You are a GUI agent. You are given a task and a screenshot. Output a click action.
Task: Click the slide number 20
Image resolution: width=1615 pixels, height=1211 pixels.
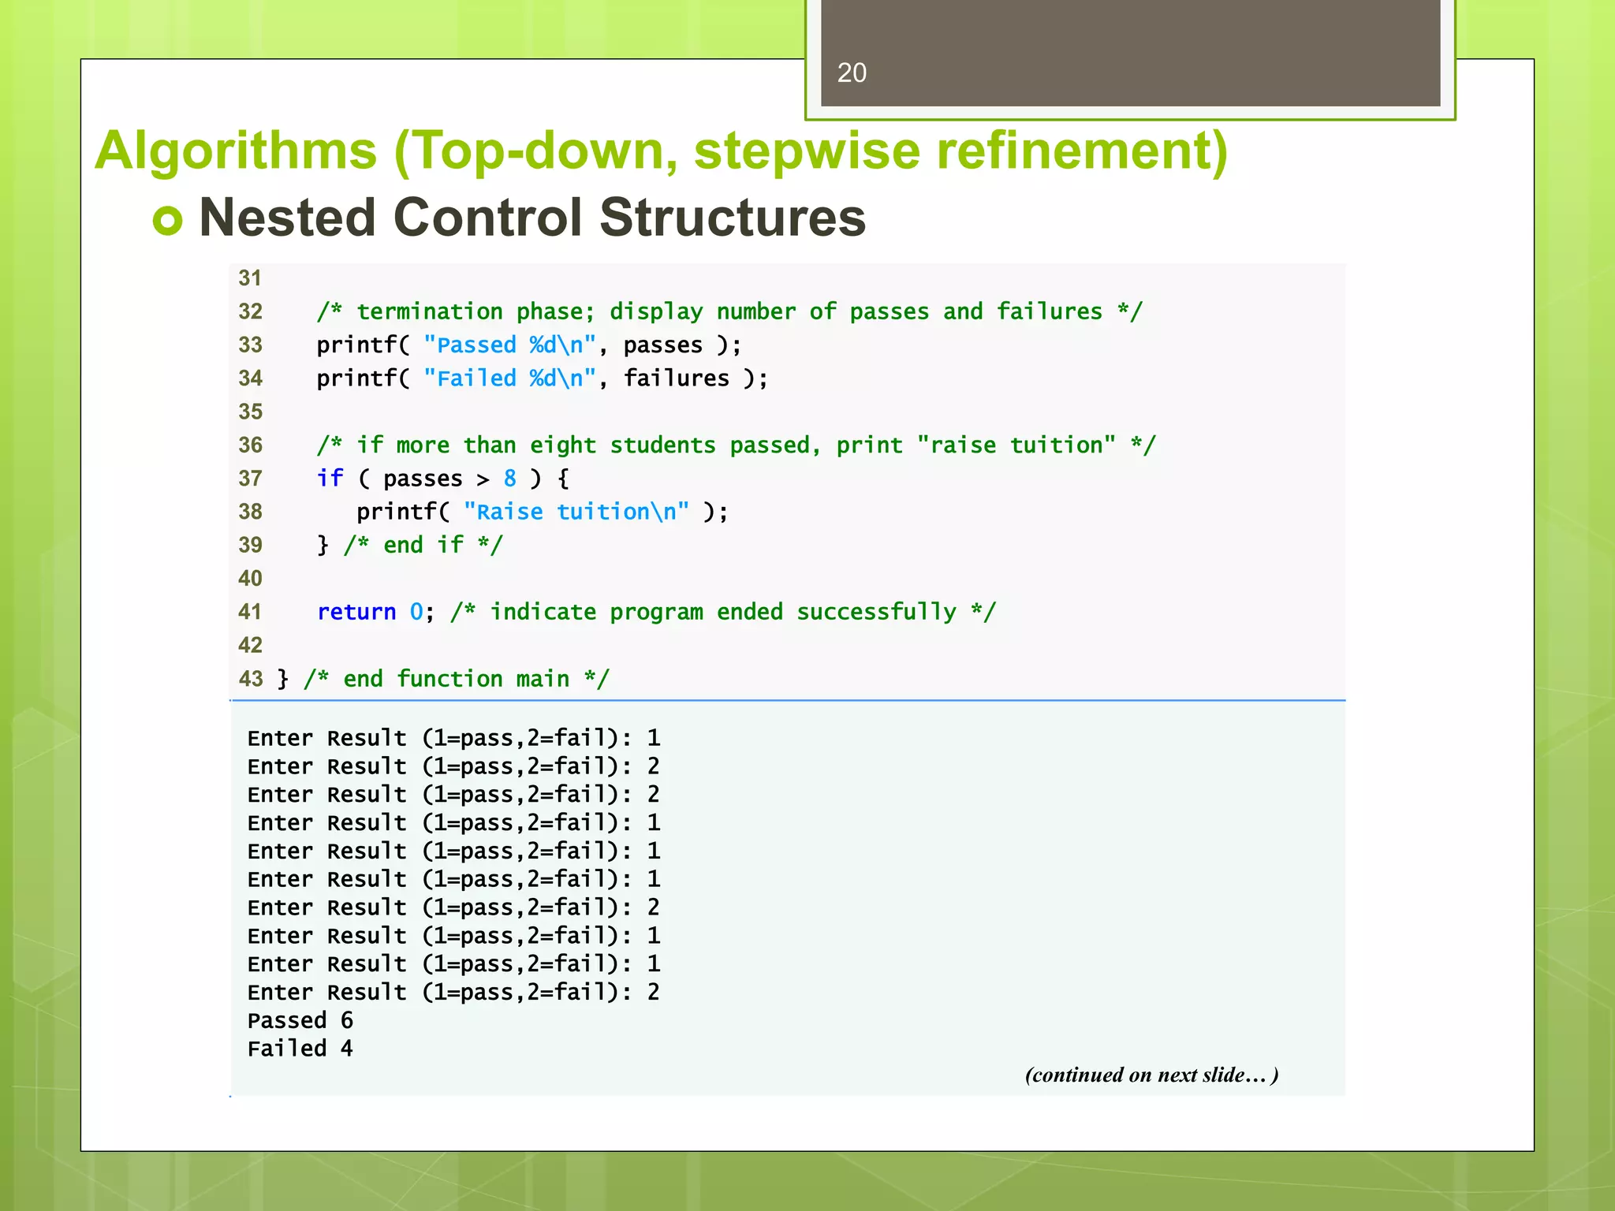(852, 73)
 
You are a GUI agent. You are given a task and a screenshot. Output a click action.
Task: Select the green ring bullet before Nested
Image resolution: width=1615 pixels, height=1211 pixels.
(167, 220)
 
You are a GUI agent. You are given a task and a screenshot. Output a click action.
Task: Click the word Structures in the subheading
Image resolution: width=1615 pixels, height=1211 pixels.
(733, 218)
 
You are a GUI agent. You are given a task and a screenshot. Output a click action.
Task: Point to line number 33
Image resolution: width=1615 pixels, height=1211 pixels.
(250, 345)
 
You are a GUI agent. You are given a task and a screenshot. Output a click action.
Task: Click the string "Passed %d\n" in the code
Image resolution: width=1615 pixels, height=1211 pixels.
(509, 345)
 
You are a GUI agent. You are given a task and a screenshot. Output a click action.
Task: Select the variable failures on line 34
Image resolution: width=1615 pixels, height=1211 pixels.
(676, 378)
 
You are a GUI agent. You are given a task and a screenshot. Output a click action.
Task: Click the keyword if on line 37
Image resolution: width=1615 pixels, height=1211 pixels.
(330, 479)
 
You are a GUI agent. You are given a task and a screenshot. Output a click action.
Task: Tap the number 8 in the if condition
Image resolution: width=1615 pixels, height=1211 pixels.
(510, 479)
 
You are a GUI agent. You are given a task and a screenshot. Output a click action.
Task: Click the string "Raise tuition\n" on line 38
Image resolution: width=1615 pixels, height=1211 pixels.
(576, 512)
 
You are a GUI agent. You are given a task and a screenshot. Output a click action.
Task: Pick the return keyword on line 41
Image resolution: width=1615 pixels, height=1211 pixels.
(356, 612)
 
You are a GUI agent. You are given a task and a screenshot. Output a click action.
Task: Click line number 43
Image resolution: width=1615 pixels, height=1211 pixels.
(251, 679)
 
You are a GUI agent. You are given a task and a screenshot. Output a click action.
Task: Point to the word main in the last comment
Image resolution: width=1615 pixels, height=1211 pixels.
(543, 679)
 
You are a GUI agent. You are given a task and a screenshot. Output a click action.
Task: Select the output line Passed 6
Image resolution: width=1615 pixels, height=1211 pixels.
(300, 1021)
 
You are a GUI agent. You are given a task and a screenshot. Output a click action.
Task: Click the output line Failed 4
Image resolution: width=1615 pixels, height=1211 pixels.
(300, 1049)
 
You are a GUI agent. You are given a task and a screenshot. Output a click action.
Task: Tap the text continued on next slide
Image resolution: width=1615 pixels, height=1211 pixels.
(1151, 1075)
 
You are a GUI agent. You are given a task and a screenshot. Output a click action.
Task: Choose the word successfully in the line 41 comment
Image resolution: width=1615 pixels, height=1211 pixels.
(876, 612)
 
